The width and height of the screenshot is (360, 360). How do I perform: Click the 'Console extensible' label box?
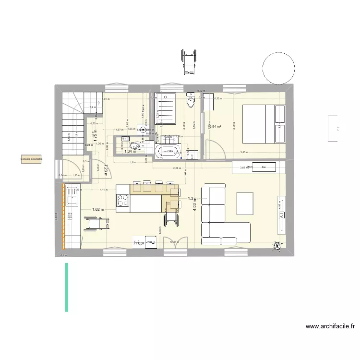click(31, 159)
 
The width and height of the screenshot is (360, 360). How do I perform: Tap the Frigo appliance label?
click(139, 243)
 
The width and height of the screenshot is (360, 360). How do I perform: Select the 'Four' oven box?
click(150, 243)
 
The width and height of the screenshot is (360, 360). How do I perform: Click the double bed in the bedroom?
click(264, 123)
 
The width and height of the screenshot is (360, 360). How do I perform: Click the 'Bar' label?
click(264, 167)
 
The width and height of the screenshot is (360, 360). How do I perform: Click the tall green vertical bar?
click(66, 287)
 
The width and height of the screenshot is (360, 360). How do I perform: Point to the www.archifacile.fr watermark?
click(331, 327)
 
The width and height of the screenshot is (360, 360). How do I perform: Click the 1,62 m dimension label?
click(97, 210)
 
